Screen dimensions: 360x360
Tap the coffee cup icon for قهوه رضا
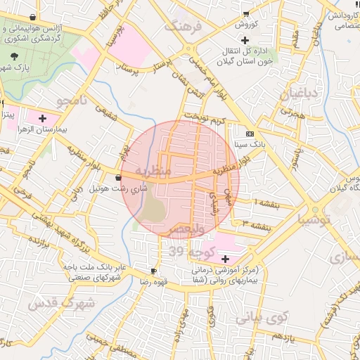(x=154, y=271)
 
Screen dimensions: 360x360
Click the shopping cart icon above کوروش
(x=245, y=14)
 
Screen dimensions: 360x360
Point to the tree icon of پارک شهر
(x=15, y=56)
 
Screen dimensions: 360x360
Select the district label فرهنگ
(x=183, y=26)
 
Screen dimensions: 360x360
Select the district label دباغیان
(x=300, y=94)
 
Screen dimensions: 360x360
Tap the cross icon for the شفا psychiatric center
(x=225, y=258)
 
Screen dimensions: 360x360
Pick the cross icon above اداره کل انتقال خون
(x=244, y=40)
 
